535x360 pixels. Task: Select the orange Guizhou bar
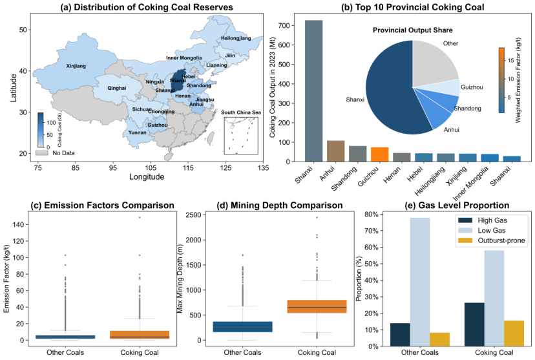379,154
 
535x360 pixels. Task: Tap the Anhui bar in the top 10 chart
336,150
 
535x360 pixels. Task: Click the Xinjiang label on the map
76,66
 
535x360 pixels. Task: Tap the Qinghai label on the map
116,87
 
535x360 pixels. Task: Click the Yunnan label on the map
138,132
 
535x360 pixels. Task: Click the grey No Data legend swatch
43,153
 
